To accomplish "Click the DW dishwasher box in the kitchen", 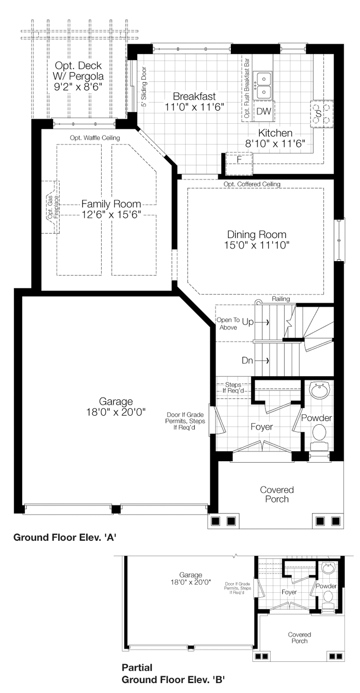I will tap(263, 111).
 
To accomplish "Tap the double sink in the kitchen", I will tap(263, 84).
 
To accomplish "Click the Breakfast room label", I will tap(194, 95).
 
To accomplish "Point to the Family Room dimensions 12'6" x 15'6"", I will tap(110, 215).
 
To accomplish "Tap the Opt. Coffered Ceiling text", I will tap(252, 184).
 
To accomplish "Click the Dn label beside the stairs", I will tap(248, 360).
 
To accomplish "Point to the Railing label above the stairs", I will tap(281, 299).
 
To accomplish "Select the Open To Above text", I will tap(228, 324).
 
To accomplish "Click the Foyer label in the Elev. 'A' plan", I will tap(262, 427).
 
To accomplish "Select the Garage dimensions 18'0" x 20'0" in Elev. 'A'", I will tap(116, 412).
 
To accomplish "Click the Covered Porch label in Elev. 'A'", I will tap(277, 494).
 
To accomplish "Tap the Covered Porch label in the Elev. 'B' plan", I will tap(300, 637).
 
